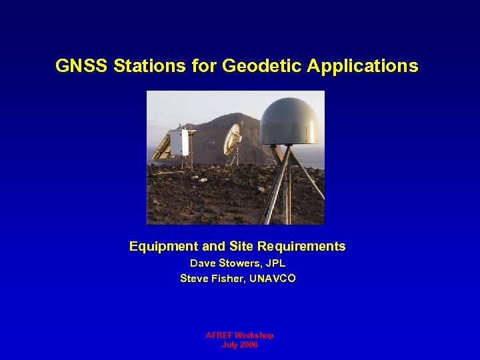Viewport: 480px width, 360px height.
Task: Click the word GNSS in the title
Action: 75,66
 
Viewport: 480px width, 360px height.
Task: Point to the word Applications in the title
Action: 363,66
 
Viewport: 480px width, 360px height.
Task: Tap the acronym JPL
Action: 275,264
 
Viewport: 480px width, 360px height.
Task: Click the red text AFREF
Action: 218,335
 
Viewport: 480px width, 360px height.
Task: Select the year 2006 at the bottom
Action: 248,345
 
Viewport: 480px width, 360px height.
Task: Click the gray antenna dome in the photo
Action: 288,122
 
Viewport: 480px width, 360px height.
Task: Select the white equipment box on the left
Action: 179,142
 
